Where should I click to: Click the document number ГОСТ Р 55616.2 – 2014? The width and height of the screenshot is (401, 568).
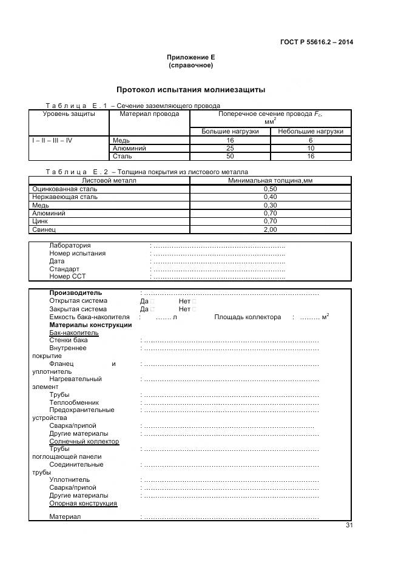[x=317, y=42]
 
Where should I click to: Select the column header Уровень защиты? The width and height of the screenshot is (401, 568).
[x=69, y=114]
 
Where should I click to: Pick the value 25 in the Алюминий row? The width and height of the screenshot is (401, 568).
[x=230, y=148]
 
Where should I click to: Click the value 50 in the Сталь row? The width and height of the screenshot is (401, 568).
[x=230, y=156]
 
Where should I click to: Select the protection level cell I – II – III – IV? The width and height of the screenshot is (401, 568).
[x=52, y=140]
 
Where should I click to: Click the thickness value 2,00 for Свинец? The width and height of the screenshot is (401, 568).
[x=270, y=230]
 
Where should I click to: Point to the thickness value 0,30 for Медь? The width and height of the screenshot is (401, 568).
[x=270, y=205]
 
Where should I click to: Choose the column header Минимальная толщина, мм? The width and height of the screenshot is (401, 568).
[x=270, y=180]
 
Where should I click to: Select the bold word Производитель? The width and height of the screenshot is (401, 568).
[x=76, y=293]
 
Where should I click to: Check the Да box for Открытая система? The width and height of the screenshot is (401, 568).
[x=152, y=302]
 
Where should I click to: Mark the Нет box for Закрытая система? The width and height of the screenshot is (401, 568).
[x=194, y=309]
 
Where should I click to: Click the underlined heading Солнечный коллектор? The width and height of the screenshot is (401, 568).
[x=84, y=442]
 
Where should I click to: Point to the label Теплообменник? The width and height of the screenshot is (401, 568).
[x=73, y=402]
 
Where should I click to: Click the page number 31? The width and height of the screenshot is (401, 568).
[x=349, y=526]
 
